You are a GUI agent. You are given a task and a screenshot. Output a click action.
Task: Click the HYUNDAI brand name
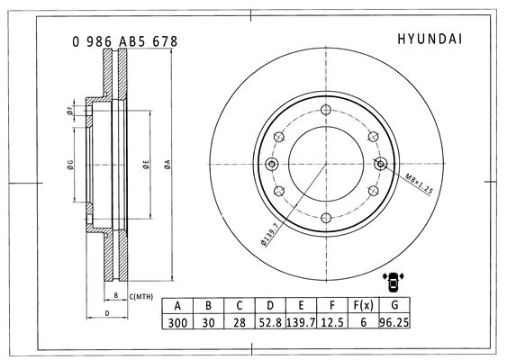click(430, 39)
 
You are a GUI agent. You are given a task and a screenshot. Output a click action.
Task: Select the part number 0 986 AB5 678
click(125, 41)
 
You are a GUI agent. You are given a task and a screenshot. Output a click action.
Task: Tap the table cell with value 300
click(177, 322)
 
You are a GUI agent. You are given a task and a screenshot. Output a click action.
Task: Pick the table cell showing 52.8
click(270, 322)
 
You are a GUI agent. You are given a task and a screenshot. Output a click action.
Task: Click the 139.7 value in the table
click(301, 322)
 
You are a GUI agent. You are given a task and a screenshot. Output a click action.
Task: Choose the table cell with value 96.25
click(394, 322)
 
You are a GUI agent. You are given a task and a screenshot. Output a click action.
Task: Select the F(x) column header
click(363, 305)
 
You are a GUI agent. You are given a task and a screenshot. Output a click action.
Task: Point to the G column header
click(394, 305)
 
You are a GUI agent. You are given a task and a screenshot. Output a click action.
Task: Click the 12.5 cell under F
click(332, 322)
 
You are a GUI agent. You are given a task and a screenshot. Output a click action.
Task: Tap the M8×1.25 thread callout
click(419, 184)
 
